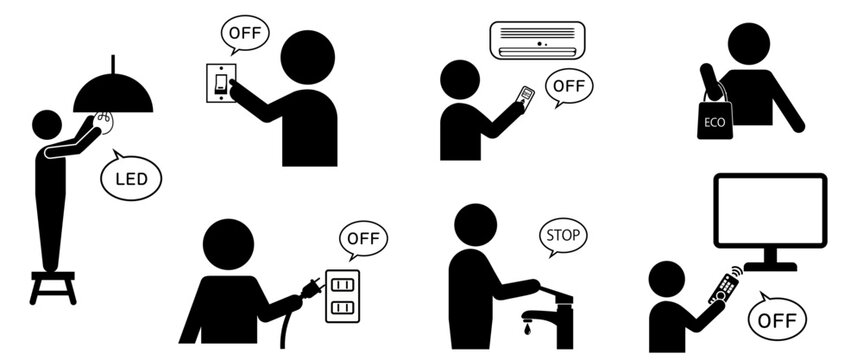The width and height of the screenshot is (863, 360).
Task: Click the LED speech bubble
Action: [131, 177]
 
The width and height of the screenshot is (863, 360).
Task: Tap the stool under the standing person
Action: [53, 287]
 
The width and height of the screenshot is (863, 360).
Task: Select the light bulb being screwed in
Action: [103, 122]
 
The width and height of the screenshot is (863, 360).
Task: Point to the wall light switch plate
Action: [221, 83]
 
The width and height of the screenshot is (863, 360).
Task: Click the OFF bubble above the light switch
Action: [245, 34]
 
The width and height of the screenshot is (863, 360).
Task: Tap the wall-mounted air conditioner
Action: [537, 40]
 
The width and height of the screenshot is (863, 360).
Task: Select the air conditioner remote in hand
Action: [526, 96]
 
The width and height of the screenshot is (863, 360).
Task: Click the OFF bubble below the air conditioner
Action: [569, 87]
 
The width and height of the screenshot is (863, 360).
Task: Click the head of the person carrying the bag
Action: [749, 43]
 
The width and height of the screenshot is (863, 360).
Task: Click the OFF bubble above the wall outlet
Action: [364, 240]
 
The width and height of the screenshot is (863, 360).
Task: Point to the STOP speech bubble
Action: [562, 237]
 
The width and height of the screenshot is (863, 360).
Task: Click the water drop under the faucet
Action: [528, 328]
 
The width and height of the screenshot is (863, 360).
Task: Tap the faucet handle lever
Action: [555, 293]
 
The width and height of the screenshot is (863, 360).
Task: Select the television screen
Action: [770, 210]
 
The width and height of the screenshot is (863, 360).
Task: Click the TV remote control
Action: [724, 286]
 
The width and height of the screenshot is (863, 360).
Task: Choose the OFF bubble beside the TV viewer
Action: [777, 318]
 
